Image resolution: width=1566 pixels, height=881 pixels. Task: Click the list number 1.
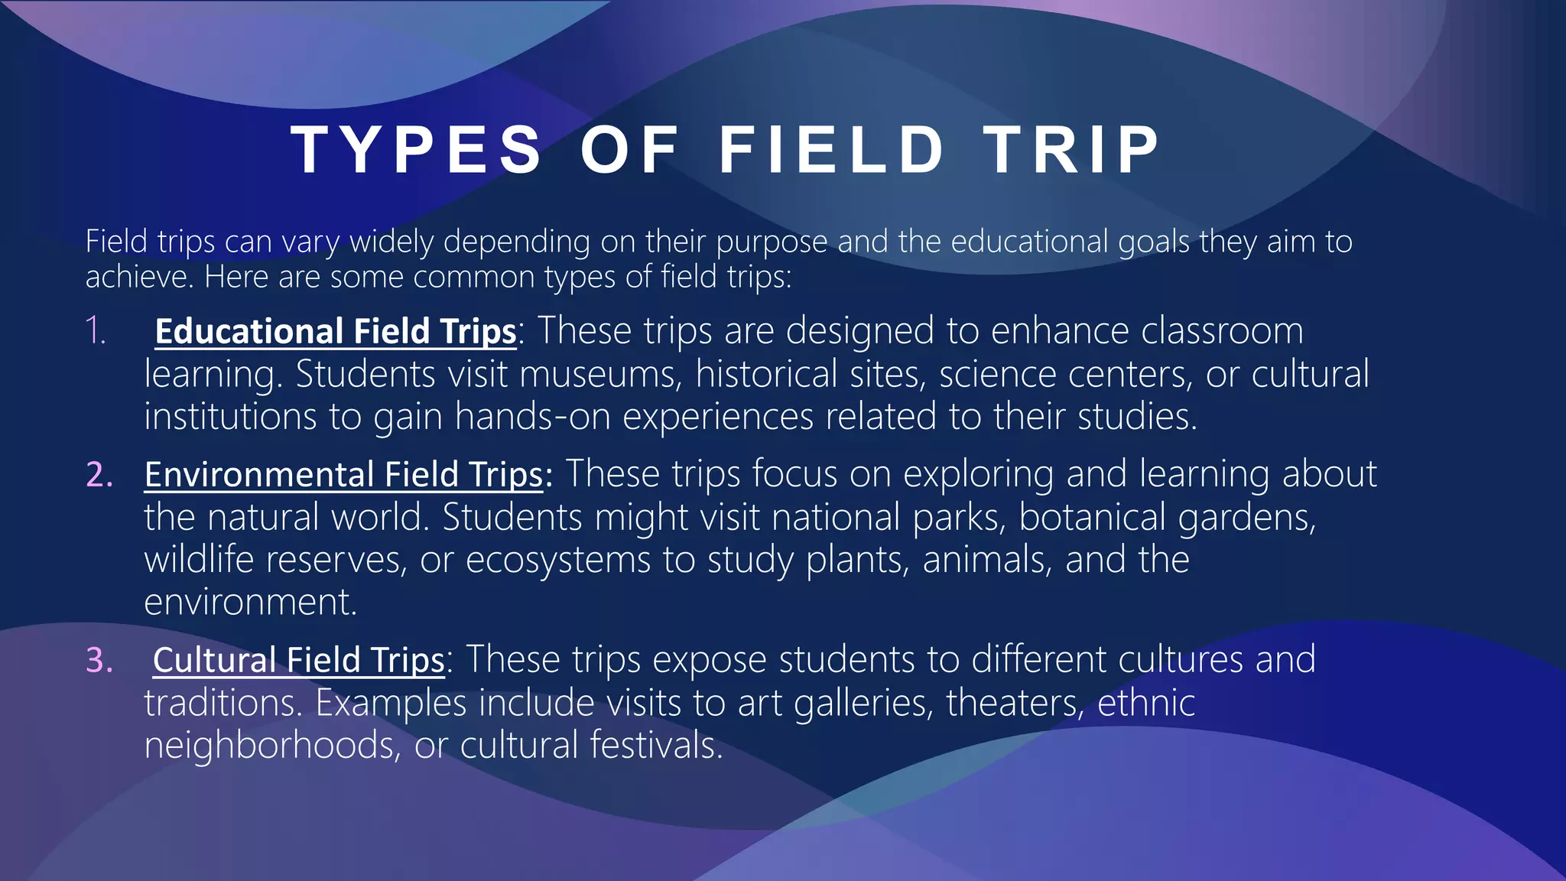pyautogui.click(x=96, y=331)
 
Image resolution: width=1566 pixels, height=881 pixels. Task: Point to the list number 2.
pyautogui.click(x=99, y=475)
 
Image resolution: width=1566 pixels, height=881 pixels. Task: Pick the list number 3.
pyautogui.click(x=99, y=660)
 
